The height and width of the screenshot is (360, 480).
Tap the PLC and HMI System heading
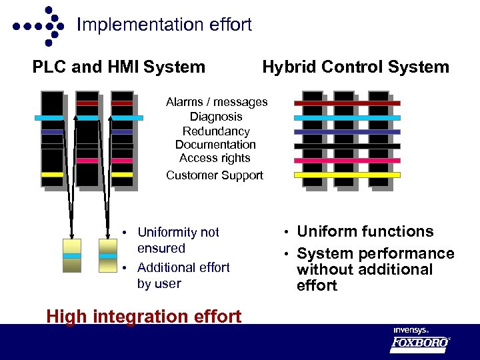(x=119, y=67)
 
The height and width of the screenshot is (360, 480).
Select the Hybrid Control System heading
(x=355, y=67)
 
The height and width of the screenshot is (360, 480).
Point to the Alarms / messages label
(x=217, y=102)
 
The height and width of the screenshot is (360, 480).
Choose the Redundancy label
(x=216, y=131)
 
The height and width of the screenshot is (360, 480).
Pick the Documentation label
(x=215, y=145)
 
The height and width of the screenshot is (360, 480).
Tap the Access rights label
(x=215, y=158)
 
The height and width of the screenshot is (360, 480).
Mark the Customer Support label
(x=215, y=175)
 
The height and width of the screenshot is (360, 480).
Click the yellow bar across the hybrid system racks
(x=347, y=175)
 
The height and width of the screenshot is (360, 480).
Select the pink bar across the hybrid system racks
(x=347, y=161)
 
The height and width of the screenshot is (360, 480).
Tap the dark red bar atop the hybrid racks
(x=347, y=103)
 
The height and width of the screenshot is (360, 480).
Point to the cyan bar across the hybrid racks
(x=347, y=117)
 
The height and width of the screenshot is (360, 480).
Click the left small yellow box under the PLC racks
(x=71, y=256)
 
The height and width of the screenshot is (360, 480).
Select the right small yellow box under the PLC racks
(x=107, y=256)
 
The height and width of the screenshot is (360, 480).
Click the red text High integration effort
(x=143, y=316)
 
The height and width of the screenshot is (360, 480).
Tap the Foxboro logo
(x=420, y=343)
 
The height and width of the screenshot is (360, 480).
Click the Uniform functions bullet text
(x=365, y=231)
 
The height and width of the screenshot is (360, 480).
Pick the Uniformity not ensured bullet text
(x=178, y=240)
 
